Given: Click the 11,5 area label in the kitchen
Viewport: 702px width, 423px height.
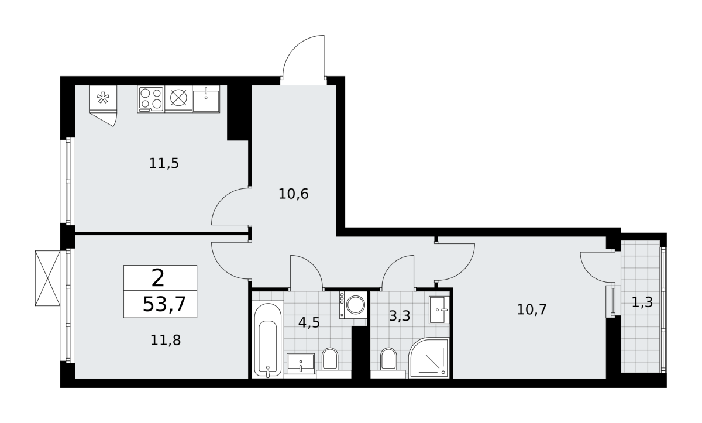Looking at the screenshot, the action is coord(164,164).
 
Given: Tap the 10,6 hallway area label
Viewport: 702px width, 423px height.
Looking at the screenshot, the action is coord(293,194).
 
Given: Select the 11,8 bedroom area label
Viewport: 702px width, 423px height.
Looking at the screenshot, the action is coord(166,341).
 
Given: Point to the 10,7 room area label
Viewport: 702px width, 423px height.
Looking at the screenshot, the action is coord(532,309).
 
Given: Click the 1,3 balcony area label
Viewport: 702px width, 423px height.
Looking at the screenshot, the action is coord(642,302).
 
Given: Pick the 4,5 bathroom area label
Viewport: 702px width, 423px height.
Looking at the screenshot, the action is coord(309,322).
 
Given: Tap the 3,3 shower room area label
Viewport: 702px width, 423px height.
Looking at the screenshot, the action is coord(400,316).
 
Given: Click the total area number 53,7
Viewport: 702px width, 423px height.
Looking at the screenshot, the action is coord(164,304).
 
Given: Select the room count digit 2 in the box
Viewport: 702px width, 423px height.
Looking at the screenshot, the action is coord(157,278).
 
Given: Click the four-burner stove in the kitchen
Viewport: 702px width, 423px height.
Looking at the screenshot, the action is coord(151,99).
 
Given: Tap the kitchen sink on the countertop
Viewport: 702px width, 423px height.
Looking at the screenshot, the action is coord(206,99).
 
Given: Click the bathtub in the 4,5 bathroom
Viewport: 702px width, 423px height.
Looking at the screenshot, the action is coord(268,339).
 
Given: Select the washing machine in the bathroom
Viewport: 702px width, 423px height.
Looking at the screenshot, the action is coord(353,305).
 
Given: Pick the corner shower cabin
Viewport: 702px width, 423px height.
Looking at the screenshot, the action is coord(429,358).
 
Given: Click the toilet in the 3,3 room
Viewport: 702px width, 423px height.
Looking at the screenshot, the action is coord(388,359).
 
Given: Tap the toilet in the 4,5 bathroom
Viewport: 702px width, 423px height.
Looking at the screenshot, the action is coord(330,359).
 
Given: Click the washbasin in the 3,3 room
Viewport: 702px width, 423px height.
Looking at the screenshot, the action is coord(439,310).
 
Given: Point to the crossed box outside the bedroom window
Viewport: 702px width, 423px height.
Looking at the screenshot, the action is coord(47,278).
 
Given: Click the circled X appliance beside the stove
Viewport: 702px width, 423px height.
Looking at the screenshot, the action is coord(178,98).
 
